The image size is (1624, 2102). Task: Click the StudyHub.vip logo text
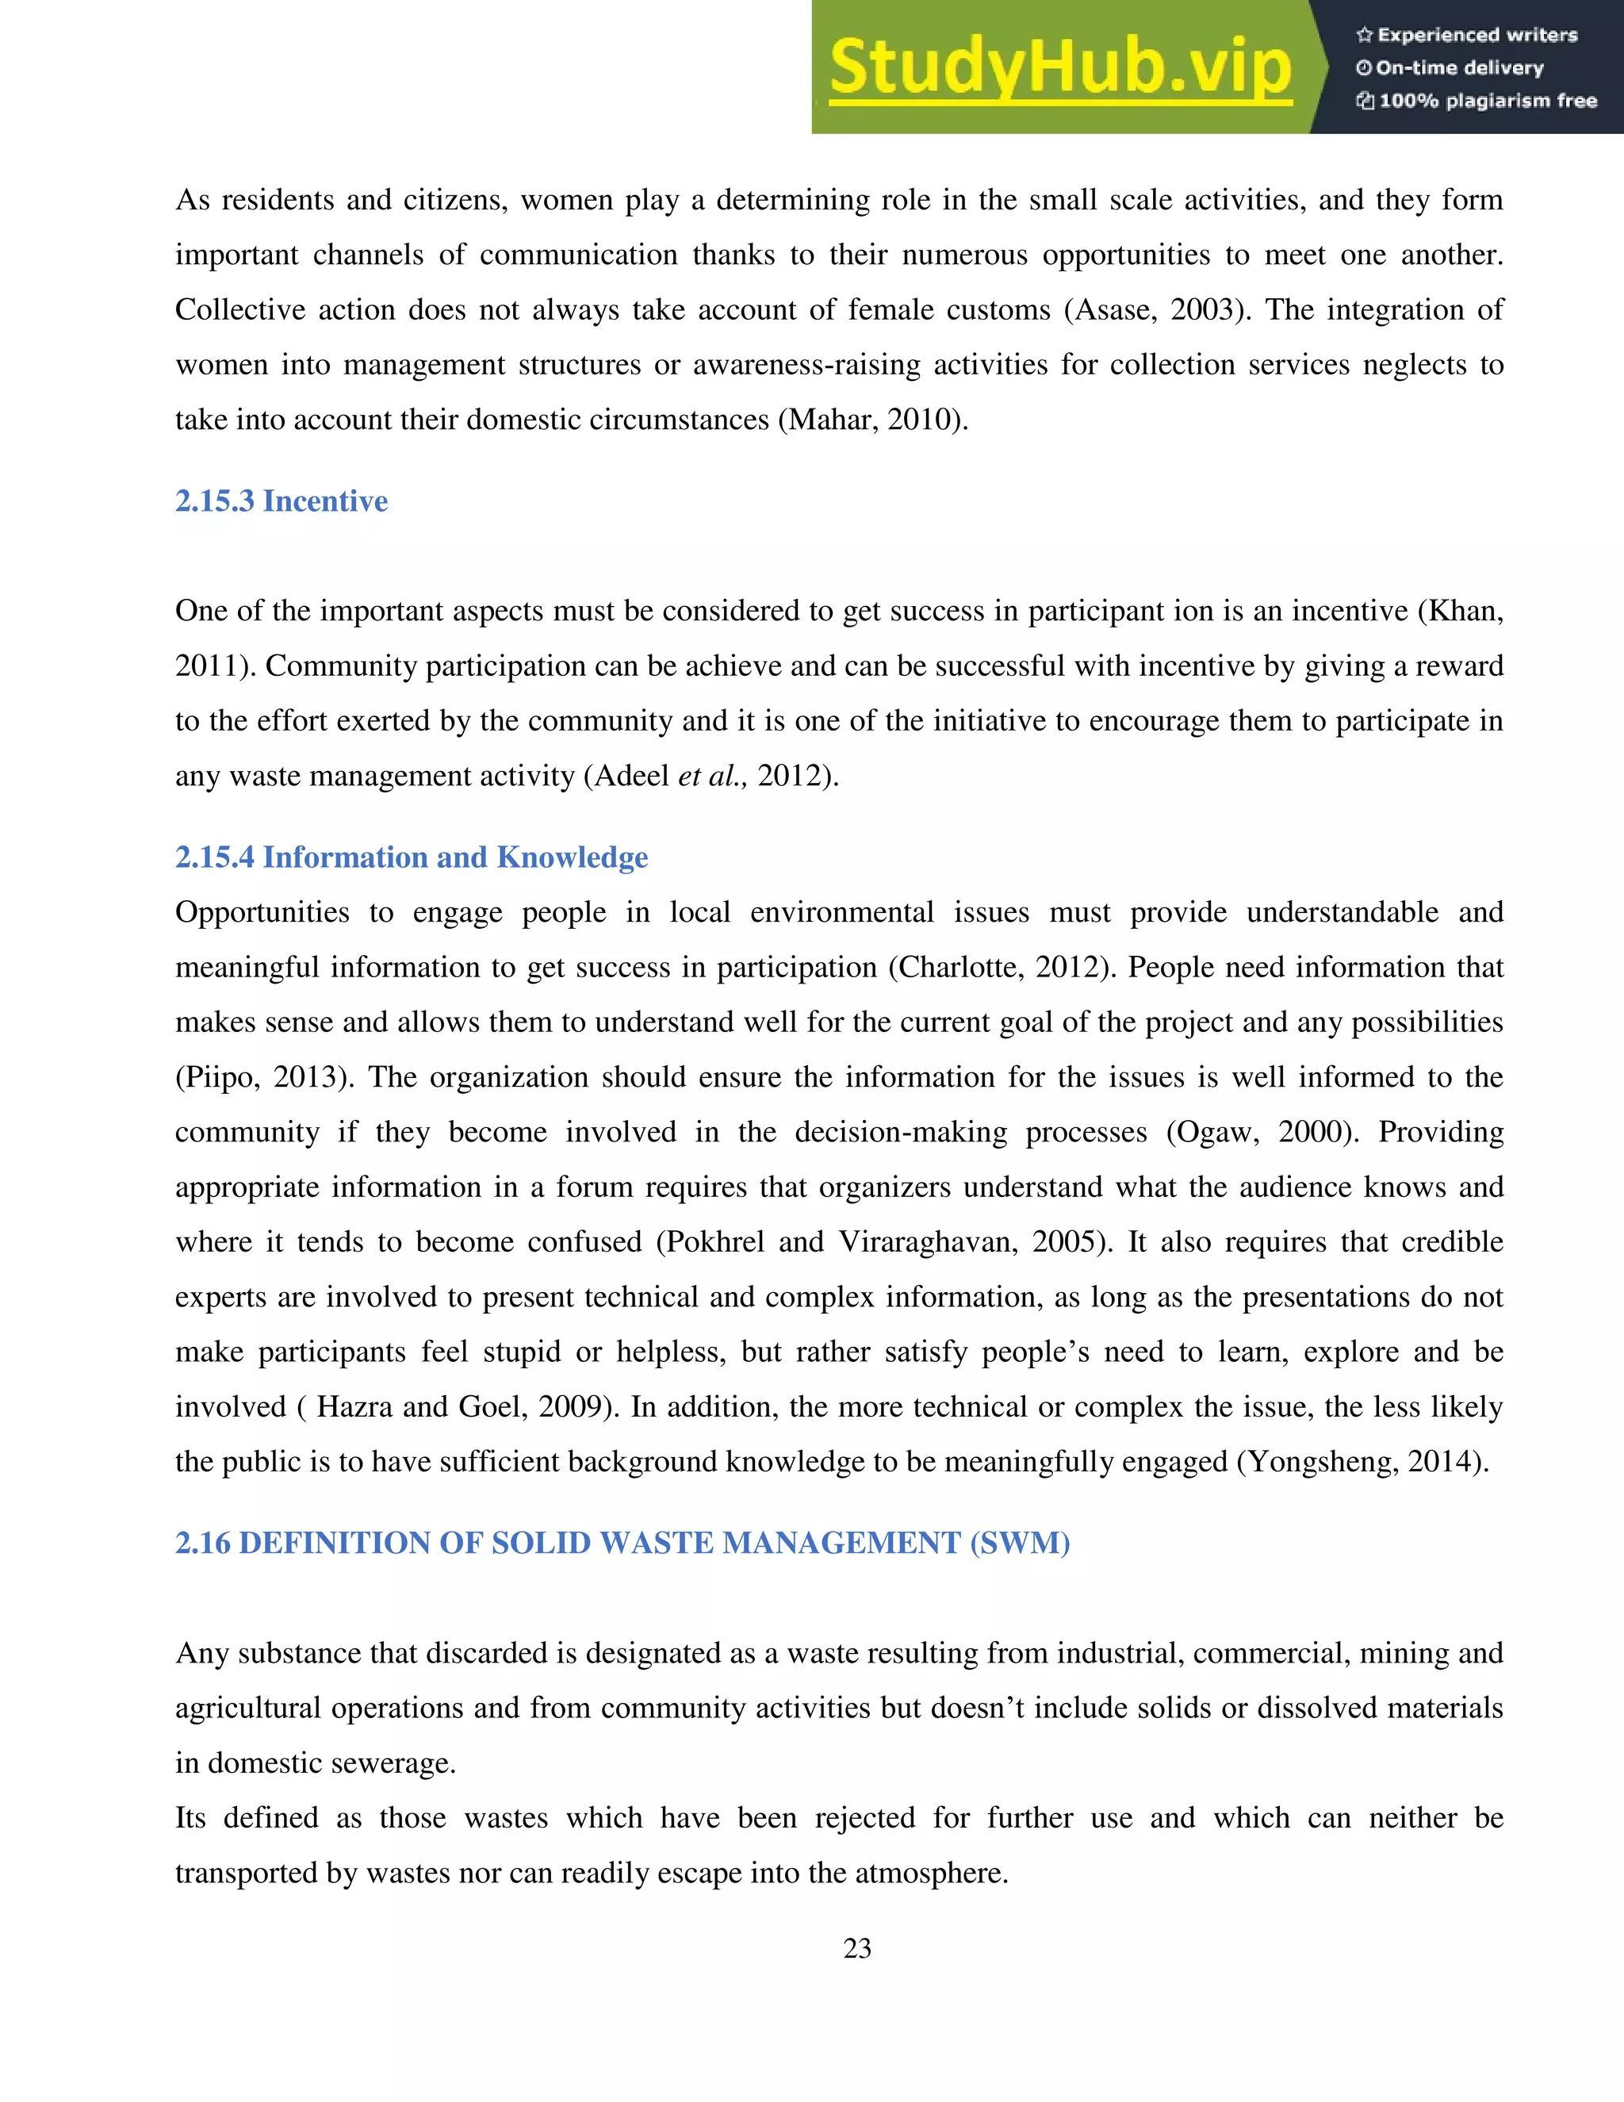pos(1059,67)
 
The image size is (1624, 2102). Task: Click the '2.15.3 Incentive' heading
pos(281,501)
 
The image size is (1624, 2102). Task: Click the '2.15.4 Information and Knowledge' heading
pos(411,857)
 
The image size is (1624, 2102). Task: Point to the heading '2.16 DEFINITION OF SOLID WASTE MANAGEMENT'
pos(622,1544)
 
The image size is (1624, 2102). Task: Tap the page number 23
pos(856,1949)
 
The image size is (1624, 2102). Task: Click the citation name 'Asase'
pos(1113,310)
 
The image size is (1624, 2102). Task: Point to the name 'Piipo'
pos(221,1077)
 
